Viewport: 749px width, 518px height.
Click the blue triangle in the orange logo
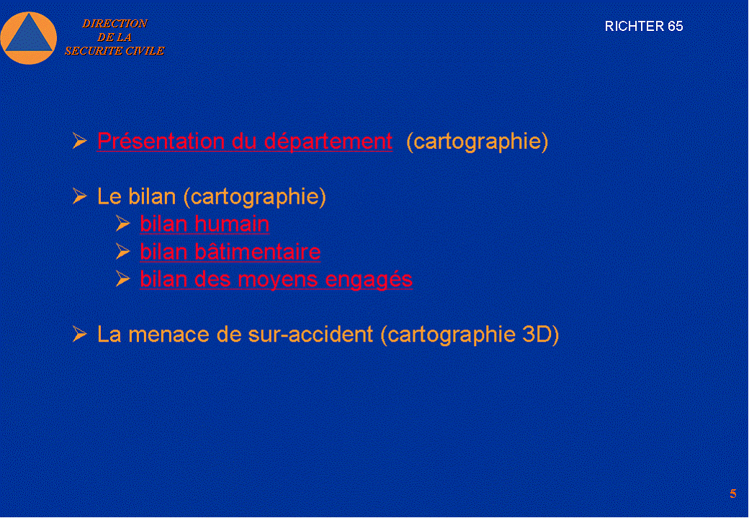[29, 35]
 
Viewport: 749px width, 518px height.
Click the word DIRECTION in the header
[115, 23]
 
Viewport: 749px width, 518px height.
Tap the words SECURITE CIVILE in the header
[115, 50]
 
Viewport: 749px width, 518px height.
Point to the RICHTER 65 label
[643, 26]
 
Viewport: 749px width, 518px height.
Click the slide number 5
[732, 494]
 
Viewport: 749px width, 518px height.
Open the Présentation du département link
[245, 141]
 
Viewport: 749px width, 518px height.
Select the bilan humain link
[205, 224]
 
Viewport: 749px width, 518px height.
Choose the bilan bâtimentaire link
[230, 251]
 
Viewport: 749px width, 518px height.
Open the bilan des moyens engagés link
[276, 280]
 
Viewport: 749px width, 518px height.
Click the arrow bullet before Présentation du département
[79, 141]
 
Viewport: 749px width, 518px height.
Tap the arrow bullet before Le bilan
[79, 196]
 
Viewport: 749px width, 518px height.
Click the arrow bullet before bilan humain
[122, 224]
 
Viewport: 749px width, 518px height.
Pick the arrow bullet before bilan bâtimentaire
[122, 251]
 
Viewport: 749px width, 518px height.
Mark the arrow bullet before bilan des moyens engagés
[122, 279]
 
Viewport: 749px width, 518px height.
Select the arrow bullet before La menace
[79, 334]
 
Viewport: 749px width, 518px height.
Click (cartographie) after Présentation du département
[477, 142]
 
